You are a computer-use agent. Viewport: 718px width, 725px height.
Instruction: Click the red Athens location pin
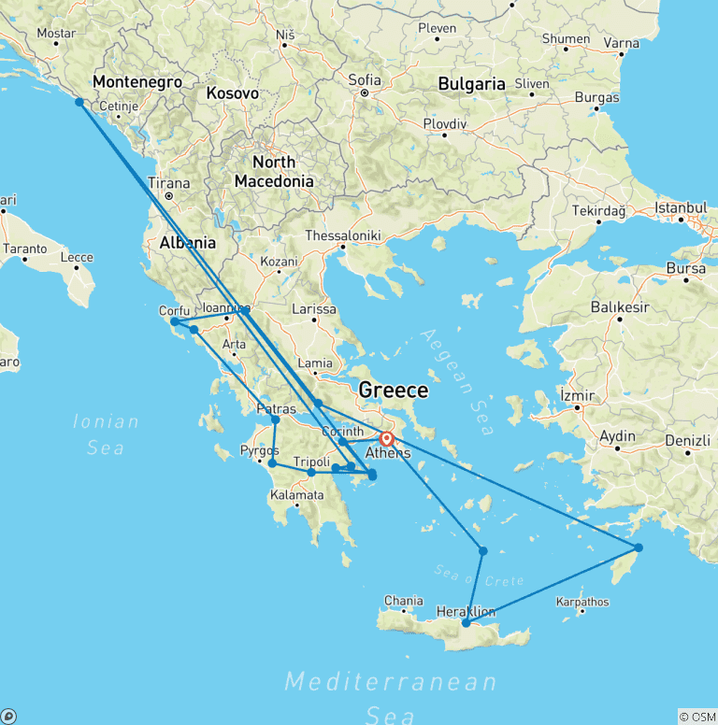386,438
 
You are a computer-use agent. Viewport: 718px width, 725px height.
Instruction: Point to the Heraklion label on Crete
466,611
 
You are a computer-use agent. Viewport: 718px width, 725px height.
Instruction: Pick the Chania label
404,601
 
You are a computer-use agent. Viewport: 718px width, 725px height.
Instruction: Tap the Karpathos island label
582,602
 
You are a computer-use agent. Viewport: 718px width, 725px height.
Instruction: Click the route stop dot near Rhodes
639,547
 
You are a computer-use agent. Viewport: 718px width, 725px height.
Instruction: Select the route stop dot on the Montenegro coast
79,102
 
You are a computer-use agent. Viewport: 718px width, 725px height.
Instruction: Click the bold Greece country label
394,390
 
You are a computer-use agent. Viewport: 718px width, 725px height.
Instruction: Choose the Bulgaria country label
472,83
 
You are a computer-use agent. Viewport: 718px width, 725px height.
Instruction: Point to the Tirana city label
168,183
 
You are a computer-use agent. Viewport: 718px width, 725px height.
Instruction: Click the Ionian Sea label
106,434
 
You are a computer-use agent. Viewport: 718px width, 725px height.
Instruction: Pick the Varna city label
622,42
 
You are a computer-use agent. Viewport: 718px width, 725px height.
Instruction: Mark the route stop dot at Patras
275,419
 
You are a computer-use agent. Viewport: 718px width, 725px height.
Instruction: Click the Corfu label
175,310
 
